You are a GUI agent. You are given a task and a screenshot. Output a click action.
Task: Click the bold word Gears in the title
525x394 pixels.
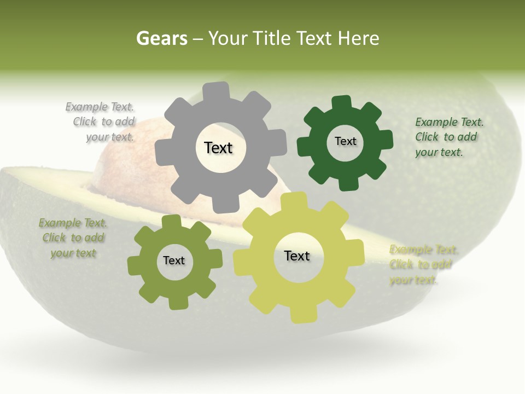[x=161, y=38]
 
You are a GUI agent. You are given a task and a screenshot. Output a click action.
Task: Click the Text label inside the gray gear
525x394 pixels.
[x=218, y=148]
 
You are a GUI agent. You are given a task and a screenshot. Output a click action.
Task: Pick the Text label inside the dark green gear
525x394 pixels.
[x=345, y=141]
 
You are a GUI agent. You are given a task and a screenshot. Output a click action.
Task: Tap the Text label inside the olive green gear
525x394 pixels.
[x=174, y=261]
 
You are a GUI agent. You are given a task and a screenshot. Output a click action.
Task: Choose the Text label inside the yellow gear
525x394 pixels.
[x=297, y=256]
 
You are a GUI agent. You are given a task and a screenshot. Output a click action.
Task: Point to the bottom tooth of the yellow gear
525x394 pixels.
[x=302, y=314]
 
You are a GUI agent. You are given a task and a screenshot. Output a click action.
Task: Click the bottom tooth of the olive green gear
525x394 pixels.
[x=177, y=303]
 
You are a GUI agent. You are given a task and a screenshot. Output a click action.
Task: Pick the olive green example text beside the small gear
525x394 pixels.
[x=73, y=238]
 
